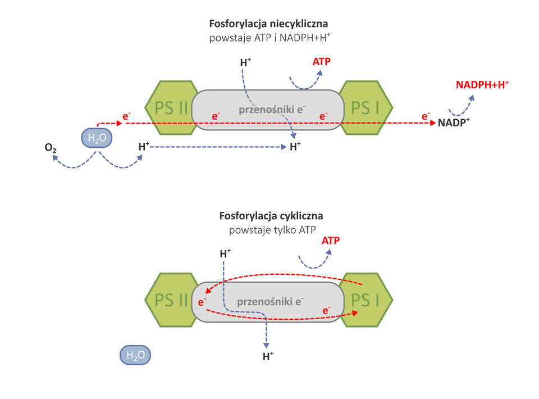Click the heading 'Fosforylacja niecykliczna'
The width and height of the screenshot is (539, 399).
coord(268,24)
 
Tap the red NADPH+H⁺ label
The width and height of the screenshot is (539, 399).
coord(482,85)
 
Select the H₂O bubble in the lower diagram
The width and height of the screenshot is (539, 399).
coord(135,355)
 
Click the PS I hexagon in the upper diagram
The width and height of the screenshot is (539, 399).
coord(367,108)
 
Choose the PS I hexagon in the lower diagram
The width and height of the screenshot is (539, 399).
coord(367,300)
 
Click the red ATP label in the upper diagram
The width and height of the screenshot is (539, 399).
coord(321,62)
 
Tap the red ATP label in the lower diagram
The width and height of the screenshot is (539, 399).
coord(331,241)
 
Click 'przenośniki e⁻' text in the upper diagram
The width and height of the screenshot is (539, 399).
coord(271,109)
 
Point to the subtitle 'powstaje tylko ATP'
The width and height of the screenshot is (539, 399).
coord(272,230)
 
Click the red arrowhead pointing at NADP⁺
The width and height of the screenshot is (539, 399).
coord(431,123)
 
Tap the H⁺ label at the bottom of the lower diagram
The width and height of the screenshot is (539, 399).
coord(268,356)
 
